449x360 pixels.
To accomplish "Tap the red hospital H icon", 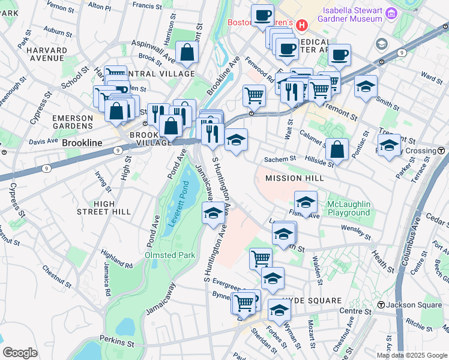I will (302, 25).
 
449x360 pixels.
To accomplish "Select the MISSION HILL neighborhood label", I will (295, 178).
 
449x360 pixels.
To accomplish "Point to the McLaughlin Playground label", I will (348, 209).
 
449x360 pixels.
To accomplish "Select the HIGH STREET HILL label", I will (104, 208).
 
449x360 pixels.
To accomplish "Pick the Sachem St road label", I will (282, 159).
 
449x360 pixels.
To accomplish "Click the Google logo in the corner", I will (20, 352).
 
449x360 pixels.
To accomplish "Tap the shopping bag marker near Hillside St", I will (337, 149).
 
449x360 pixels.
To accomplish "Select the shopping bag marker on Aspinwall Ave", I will (187, 52).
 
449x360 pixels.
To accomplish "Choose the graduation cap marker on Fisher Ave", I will (306, 202).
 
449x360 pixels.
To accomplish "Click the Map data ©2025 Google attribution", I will (411, 355).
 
